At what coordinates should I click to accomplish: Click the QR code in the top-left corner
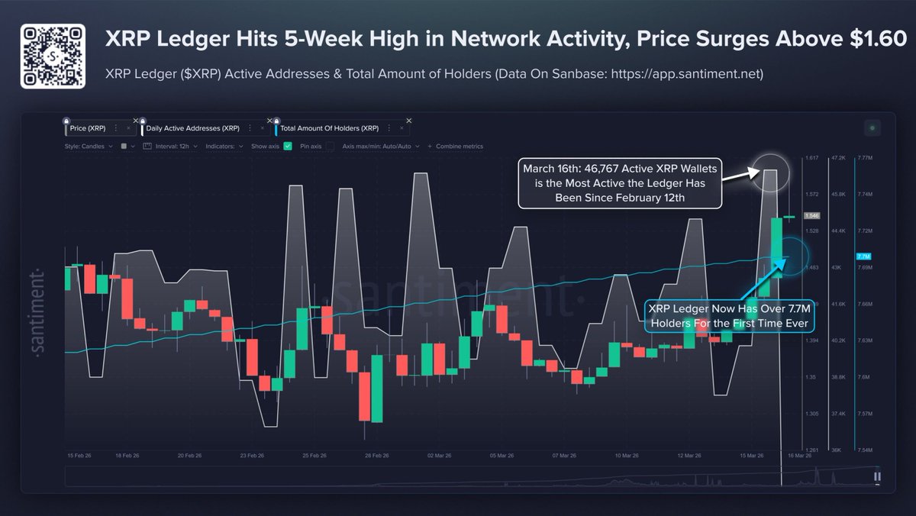coord(52,56)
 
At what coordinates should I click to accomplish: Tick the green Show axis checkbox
coord(288,146)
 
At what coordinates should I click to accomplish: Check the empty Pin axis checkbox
coord(330,146)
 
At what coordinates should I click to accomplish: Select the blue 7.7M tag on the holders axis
coord(863,256)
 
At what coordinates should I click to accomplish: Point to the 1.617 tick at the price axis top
coord(813,158)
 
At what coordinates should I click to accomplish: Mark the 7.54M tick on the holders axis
coord(866,450)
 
